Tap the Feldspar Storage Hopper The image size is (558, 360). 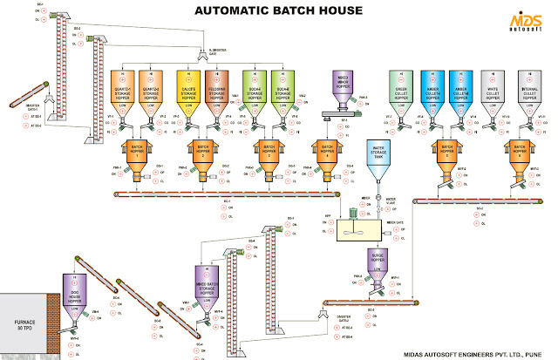coord(219,86)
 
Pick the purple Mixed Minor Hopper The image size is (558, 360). coord(343,87)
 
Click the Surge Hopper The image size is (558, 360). coord(376,262)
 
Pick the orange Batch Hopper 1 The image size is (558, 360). coord(137,152)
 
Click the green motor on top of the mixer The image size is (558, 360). coord(357,210)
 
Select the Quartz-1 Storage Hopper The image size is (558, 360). coord(126,86)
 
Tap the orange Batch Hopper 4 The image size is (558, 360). coord(326,152)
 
